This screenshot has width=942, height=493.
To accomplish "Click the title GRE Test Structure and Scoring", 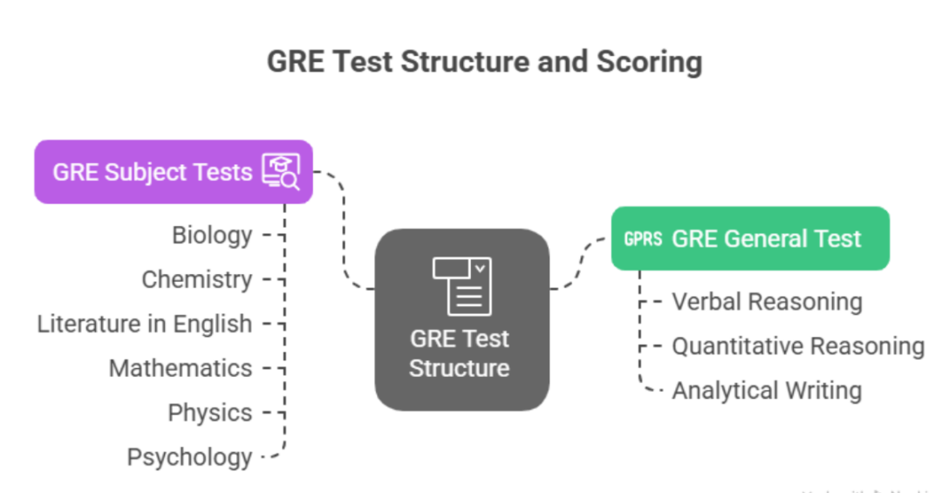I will coord(484,62).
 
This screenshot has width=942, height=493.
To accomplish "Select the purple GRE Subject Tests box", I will coord(173,172).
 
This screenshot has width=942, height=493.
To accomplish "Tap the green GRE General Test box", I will coord(749,238).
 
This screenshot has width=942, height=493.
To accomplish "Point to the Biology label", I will coord(212,235).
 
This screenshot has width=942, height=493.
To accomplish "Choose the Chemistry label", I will coord(196,279).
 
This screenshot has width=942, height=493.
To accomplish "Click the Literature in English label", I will coord(144,324).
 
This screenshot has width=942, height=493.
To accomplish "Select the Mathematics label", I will coord(180,368).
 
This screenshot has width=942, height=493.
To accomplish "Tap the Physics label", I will coord(209,413).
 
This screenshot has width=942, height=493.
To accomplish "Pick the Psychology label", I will coord(189,457).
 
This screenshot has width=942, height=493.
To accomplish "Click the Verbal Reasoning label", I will coord(766,302).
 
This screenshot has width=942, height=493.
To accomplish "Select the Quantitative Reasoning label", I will coord(797,346).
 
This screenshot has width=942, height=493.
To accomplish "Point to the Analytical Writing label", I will coord(766,391).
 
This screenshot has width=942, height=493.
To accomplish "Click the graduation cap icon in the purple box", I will coord(281,171).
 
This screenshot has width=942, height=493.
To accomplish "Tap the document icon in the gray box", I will coord(462,285).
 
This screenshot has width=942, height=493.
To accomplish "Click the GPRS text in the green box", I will coord(643,239).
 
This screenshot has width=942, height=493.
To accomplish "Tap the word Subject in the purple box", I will coord(146,172).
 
